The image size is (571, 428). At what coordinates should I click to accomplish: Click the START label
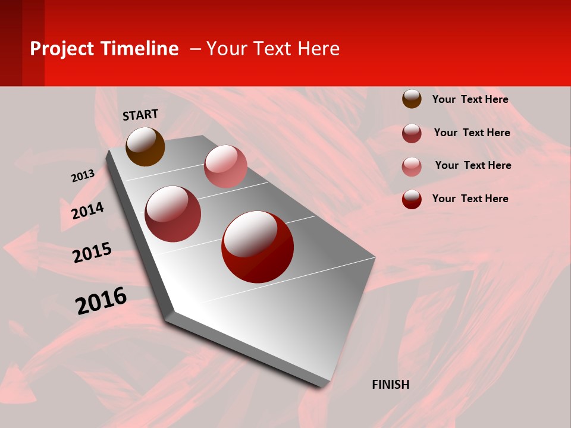tap(140, 115)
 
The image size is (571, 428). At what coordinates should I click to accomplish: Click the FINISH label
tap(391, 385)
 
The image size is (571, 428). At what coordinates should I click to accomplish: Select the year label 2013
tap(83, 176)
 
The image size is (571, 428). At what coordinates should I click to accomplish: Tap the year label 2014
tap(87, 210)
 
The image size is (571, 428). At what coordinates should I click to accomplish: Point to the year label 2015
tap(92, 252)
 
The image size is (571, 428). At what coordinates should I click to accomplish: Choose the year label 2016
tap(101, 301)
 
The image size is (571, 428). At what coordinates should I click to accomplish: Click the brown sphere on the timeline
tap(145, 146)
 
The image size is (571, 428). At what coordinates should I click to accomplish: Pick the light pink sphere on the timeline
tap(225, 166)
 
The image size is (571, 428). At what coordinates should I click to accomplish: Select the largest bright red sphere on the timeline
tap(258, 247)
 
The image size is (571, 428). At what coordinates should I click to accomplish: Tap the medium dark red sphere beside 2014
tap(173, 214)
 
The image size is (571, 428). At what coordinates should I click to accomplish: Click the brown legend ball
tap(412, 99)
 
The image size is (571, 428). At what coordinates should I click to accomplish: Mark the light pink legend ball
tap(412, 166)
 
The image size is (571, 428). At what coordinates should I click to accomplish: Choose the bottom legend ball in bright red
tap(412, 199)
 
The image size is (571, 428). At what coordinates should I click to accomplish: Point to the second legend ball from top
tap(412, 133)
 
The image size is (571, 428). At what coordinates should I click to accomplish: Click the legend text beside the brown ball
tap(470, 99)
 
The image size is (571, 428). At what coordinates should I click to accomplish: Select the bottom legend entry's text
tap(470, 199)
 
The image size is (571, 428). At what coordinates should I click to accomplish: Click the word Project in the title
tap(62, 49)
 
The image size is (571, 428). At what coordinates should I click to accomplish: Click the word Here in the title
tap(318, 49)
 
